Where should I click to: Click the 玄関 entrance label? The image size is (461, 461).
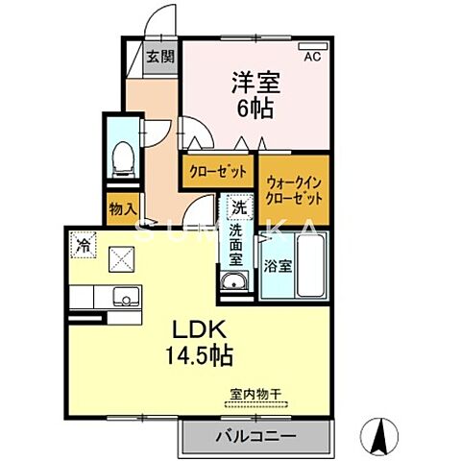tap(158, 56)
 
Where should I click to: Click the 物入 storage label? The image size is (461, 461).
tap(122, 209)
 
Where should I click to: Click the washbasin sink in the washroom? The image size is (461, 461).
tap(232, 281)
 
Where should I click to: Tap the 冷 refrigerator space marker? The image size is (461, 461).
tap(85, 246)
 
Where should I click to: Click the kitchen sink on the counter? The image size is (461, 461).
tap(123, 296)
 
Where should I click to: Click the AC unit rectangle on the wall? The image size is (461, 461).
tap(313, 44)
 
